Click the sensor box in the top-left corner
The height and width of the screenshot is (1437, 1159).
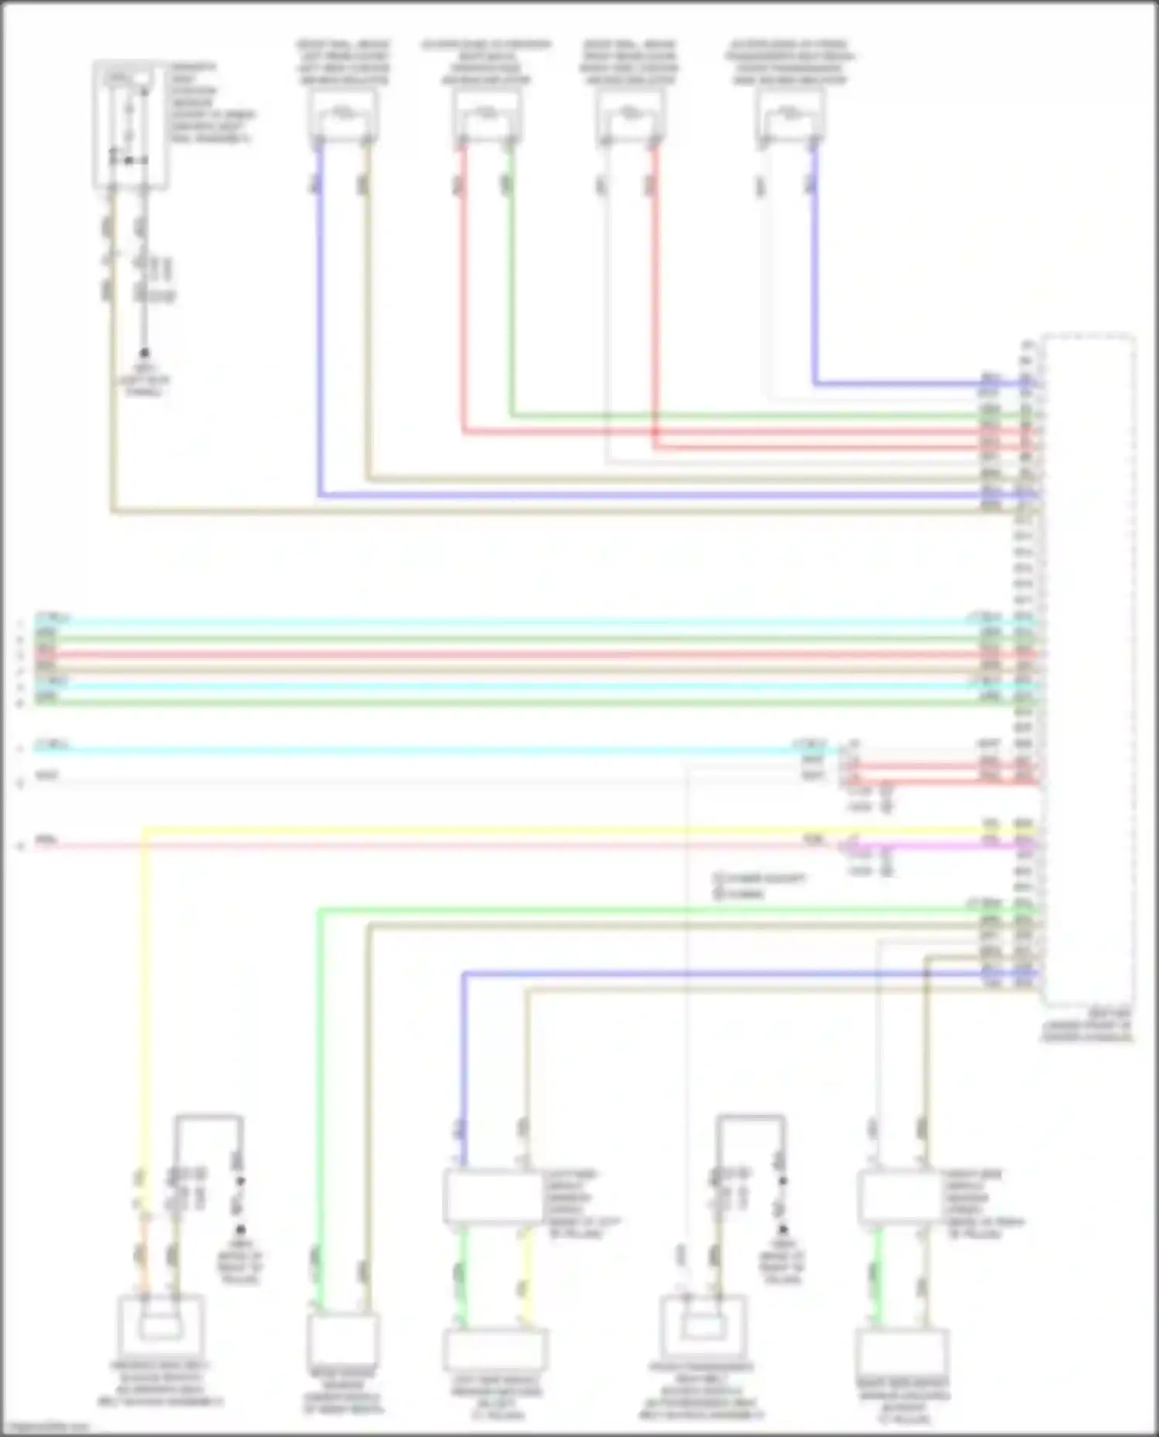coord(131,125)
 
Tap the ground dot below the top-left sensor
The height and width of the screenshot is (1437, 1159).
coord(144,353)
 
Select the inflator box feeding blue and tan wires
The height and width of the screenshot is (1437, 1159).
coord(343,116)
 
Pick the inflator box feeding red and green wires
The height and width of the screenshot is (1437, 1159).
coord(487,116)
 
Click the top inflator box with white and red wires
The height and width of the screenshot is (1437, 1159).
coord(630,116)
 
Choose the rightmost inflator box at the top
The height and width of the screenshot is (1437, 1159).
coord(790,116)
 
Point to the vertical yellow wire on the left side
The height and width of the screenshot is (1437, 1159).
coord(144,1004)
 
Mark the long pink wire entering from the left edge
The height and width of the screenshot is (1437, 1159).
coord(386,846)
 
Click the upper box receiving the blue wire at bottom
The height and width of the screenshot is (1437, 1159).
coord(494,1197)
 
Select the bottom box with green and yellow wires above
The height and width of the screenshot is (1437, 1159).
coord(495,1349)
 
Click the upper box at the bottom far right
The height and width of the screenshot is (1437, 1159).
coord(899,1197)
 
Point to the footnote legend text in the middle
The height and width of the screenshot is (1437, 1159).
coord(757,886)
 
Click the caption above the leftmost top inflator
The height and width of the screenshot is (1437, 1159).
coord(343,62)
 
